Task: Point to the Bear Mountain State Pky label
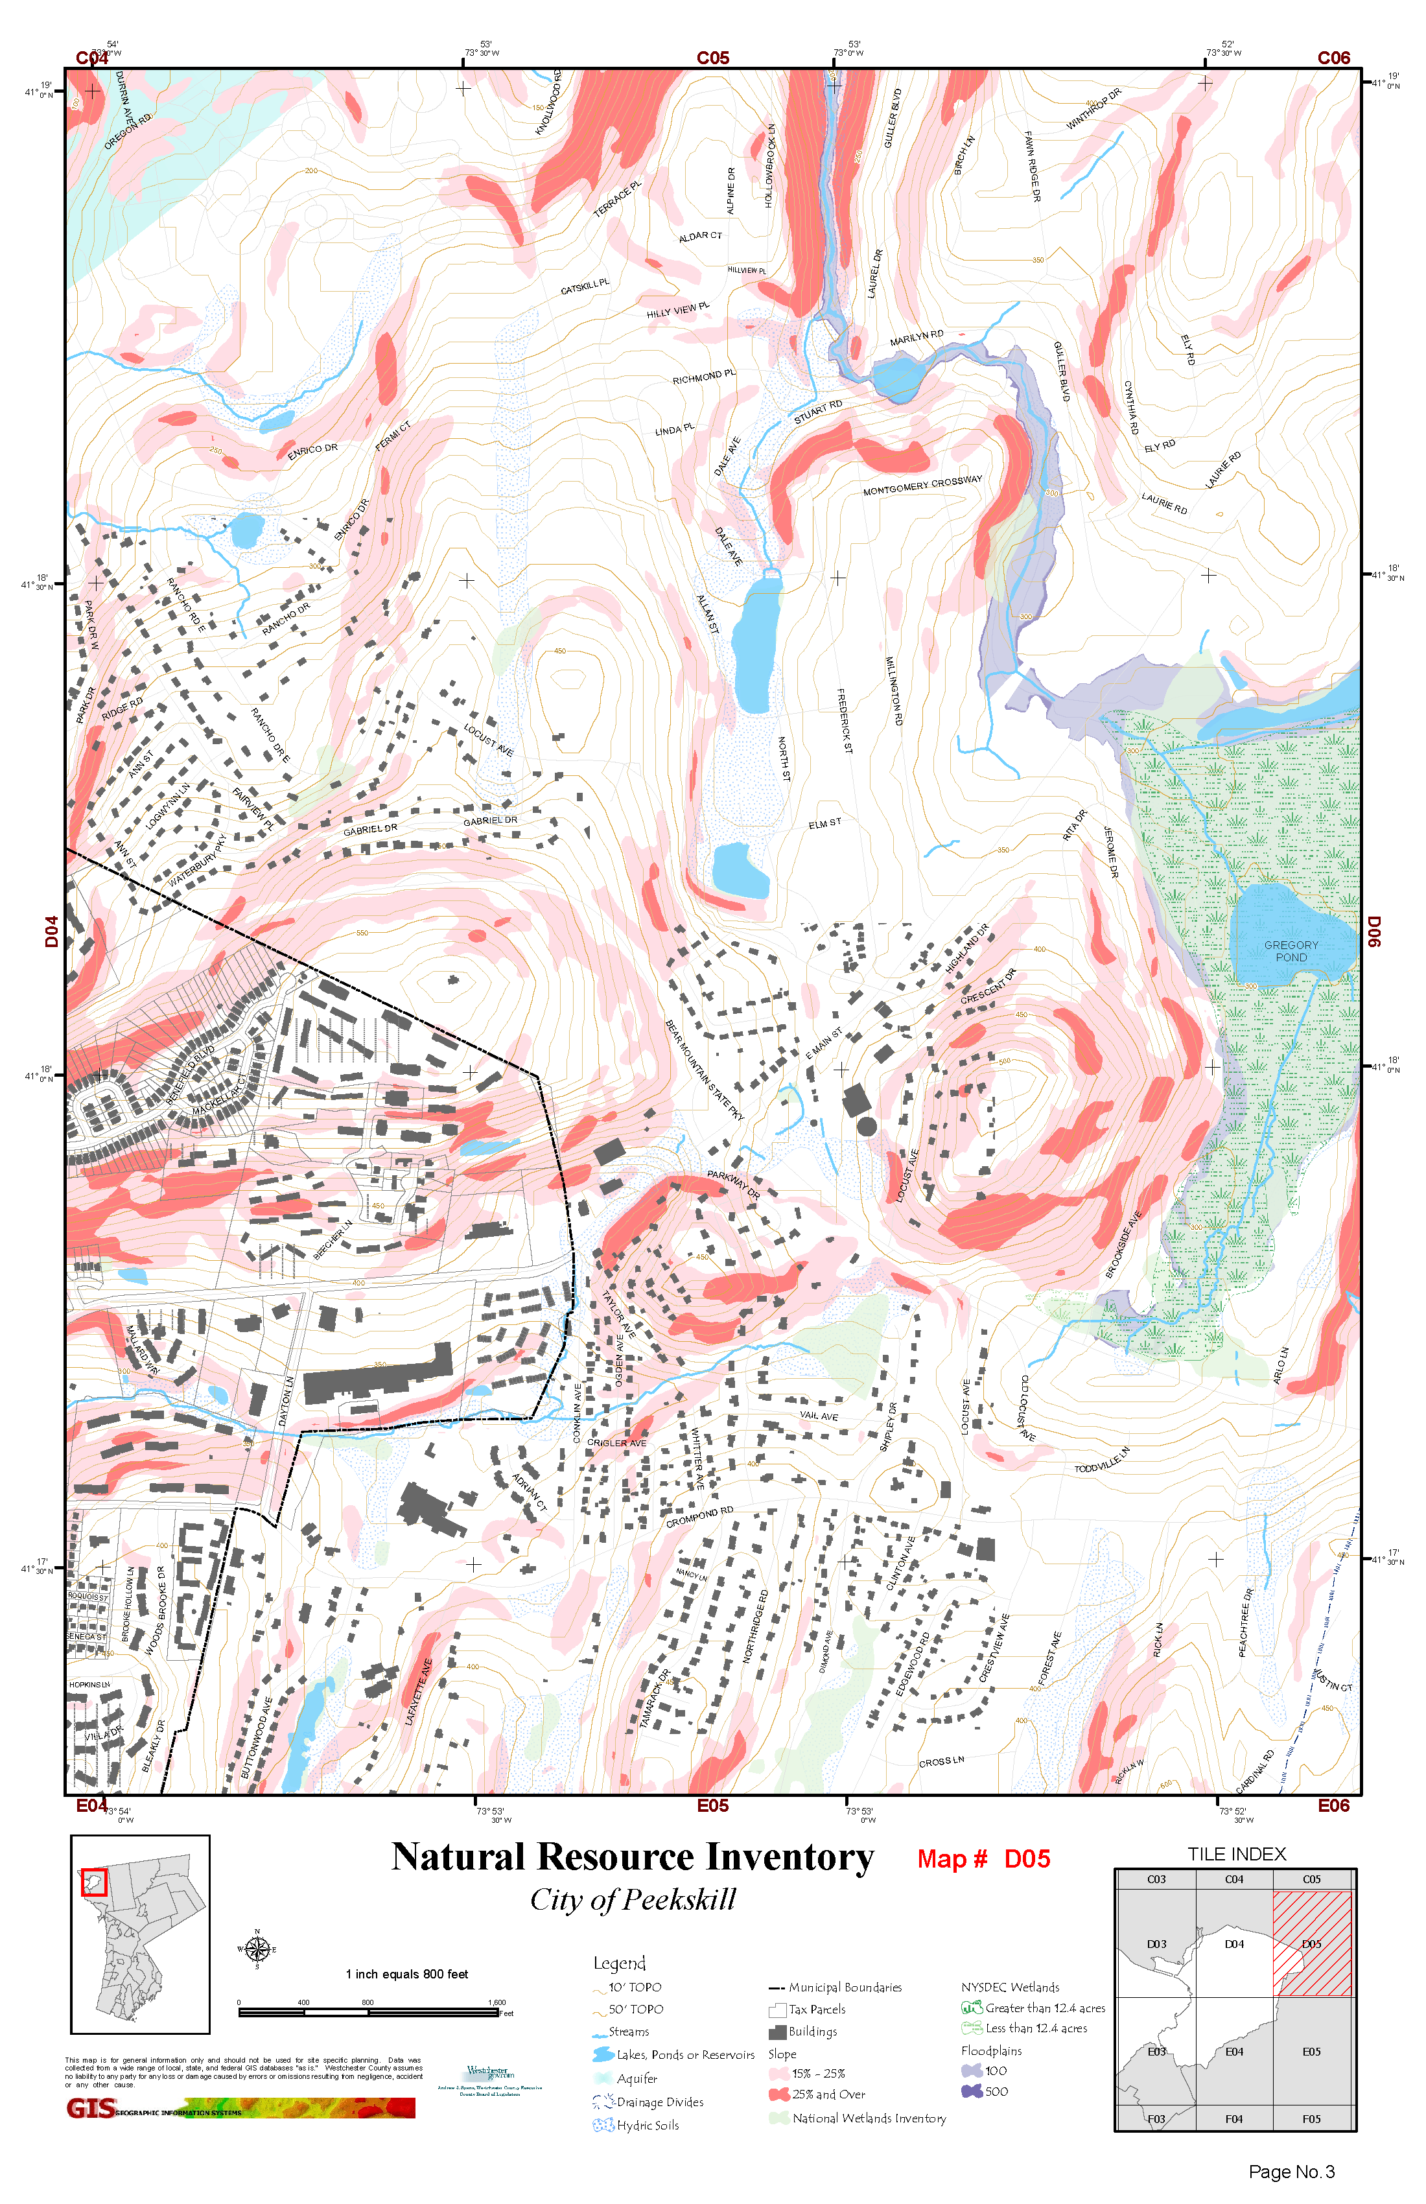pos(704,1070)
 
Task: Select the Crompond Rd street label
pos(699,1517)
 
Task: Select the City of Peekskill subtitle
pos(633,1899)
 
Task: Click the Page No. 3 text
pos(1291,2172)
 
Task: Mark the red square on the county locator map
pos(95,1882)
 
